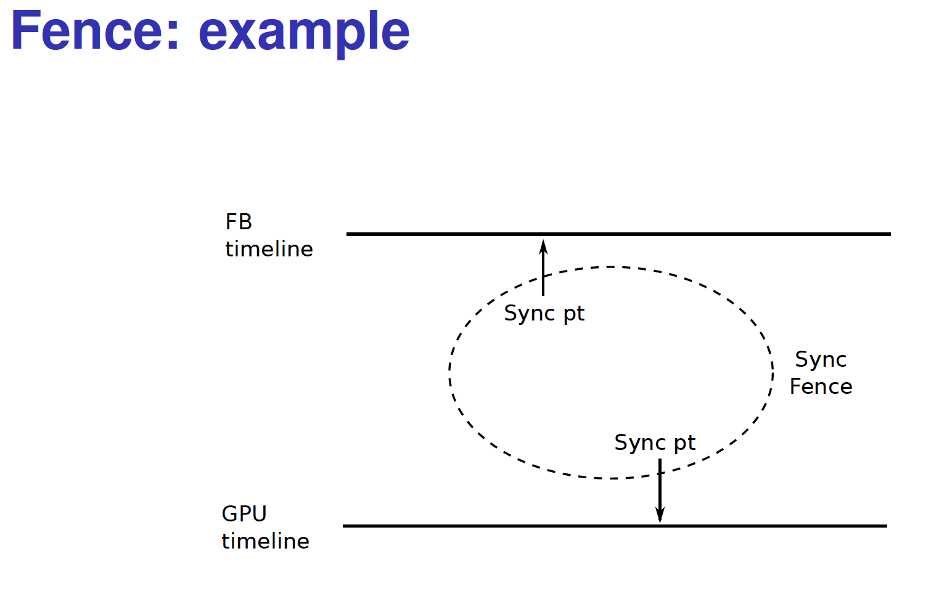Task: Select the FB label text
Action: [239, 222]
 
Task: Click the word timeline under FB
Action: [269, 248]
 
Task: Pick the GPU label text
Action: [244, 514]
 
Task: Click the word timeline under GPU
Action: [266, 541]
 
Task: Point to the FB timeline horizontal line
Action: [618, 234]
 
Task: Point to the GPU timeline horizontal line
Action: [615, 526]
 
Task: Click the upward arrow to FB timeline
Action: [543, 267]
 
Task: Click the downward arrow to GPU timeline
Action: [660, 491]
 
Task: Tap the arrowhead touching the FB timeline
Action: [543, 247]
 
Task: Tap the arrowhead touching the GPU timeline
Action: [660, 515]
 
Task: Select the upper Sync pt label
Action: [544, 314]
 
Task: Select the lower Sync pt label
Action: [654, 443]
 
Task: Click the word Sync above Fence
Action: [821, 360]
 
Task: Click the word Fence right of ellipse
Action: [821, 386]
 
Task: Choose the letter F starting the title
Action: [25, 31]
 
